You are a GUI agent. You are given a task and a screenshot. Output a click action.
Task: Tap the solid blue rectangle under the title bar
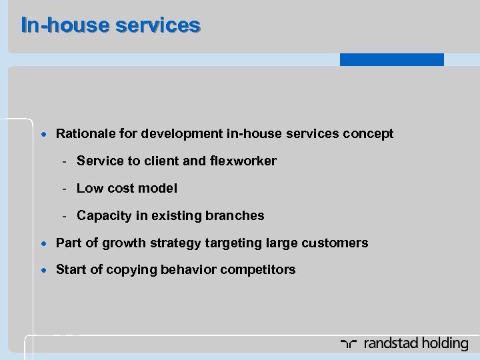coord(391,60)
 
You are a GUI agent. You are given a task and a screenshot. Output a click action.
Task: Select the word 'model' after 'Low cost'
coord(159,189)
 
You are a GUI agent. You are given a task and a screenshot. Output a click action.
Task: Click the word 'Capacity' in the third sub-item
coord(102,216)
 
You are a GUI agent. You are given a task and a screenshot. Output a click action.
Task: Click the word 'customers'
coord(337,243)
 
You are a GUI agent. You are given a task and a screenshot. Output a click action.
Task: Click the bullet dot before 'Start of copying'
coord(44,270)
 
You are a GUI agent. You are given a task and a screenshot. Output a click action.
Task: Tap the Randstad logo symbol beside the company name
coord(348,344)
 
